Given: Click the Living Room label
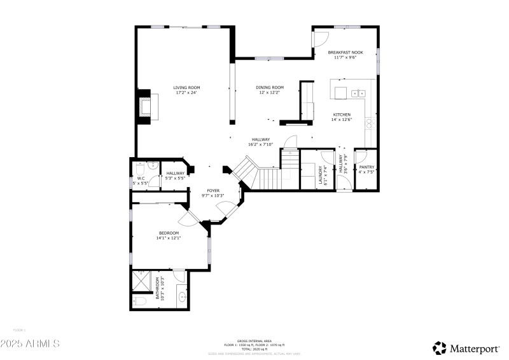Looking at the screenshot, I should click(186, 87).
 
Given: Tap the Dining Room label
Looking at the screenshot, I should click(270, 87).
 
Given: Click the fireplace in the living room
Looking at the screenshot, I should click(144, 106).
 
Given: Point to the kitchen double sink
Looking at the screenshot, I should click(358, 93).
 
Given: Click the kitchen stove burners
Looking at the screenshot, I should click(369, 123).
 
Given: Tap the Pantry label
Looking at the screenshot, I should click(366, 167).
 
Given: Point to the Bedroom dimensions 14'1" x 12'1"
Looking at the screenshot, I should click(170, 239).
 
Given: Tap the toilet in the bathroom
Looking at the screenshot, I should click(140, 301).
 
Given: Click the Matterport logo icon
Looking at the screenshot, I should click(440, 347).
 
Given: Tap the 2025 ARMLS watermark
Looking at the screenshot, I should click(30, 343).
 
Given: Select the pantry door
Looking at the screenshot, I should click(359, 155).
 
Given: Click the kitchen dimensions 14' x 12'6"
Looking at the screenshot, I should click(341, 117).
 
